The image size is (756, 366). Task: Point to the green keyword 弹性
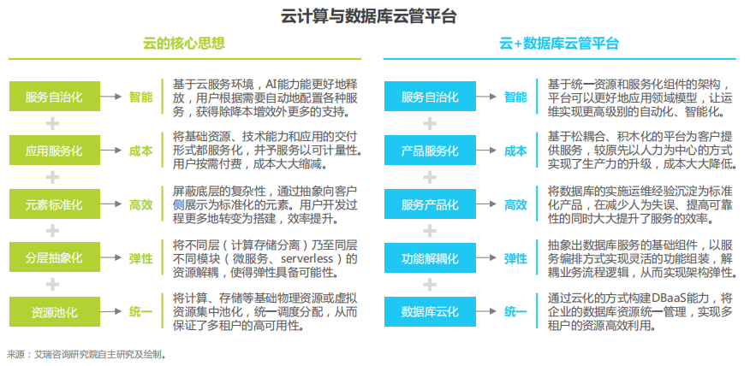coord(140,257)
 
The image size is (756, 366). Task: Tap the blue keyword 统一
coord(515,311)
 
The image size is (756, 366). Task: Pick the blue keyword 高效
coord(515,204)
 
